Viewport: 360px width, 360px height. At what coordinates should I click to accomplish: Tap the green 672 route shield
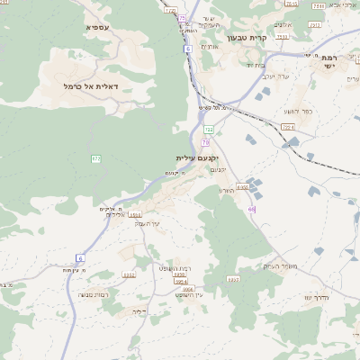click(95, 159)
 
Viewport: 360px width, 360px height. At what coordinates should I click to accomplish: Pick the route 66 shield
click(252, 209)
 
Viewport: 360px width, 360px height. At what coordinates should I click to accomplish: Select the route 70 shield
click(206, 142)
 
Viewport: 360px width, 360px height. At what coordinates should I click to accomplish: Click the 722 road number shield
click(209, 130)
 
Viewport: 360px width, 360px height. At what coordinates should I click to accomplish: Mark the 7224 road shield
click(287, 128)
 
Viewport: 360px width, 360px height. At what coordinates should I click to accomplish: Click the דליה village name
click(138, 311)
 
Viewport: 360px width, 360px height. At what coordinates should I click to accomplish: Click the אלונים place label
click(285, 25)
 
